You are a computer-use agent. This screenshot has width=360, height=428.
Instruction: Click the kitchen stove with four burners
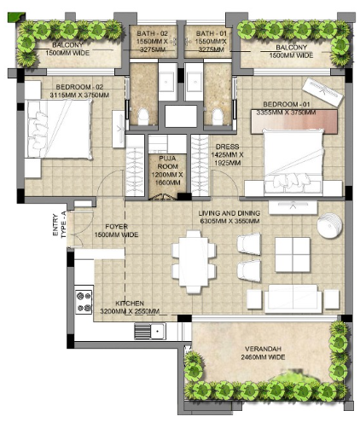coord(84,302)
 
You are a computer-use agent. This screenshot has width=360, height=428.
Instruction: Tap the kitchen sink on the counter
coord(150,331)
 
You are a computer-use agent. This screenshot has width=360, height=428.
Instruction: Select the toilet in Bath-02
coord(143,117)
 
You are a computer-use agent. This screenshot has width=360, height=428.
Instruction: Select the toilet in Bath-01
coord(218,117)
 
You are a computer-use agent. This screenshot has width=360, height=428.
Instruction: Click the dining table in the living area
coord(194,262)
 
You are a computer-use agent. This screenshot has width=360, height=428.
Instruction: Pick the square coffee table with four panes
coord(293,255)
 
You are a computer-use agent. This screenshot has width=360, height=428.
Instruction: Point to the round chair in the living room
coord(329,225)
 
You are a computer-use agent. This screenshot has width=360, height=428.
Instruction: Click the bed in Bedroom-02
coord(58,129)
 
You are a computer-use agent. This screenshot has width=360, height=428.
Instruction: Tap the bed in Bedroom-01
coord(293,162)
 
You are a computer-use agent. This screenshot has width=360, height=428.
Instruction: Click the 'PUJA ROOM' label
coord(168,162)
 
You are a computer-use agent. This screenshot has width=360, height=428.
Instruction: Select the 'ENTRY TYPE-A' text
coord(60,225)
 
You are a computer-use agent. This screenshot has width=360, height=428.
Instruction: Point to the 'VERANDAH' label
coord(263,349)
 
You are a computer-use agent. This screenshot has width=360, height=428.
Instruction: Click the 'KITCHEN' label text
coord(130,304)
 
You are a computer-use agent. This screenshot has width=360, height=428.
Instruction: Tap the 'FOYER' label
coord(116,227)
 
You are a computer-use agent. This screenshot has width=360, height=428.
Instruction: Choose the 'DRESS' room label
coord(227,147)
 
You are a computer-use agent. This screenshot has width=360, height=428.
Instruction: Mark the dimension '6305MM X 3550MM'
coord(229,221)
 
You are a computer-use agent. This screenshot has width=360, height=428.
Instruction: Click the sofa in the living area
coord(293,299)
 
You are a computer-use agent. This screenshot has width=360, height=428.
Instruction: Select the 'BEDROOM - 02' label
coord(79,87)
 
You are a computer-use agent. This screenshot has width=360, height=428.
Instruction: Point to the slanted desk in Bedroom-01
coord(322,92)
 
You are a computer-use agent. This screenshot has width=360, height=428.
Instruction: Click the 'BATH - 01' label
coord(212,33)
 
